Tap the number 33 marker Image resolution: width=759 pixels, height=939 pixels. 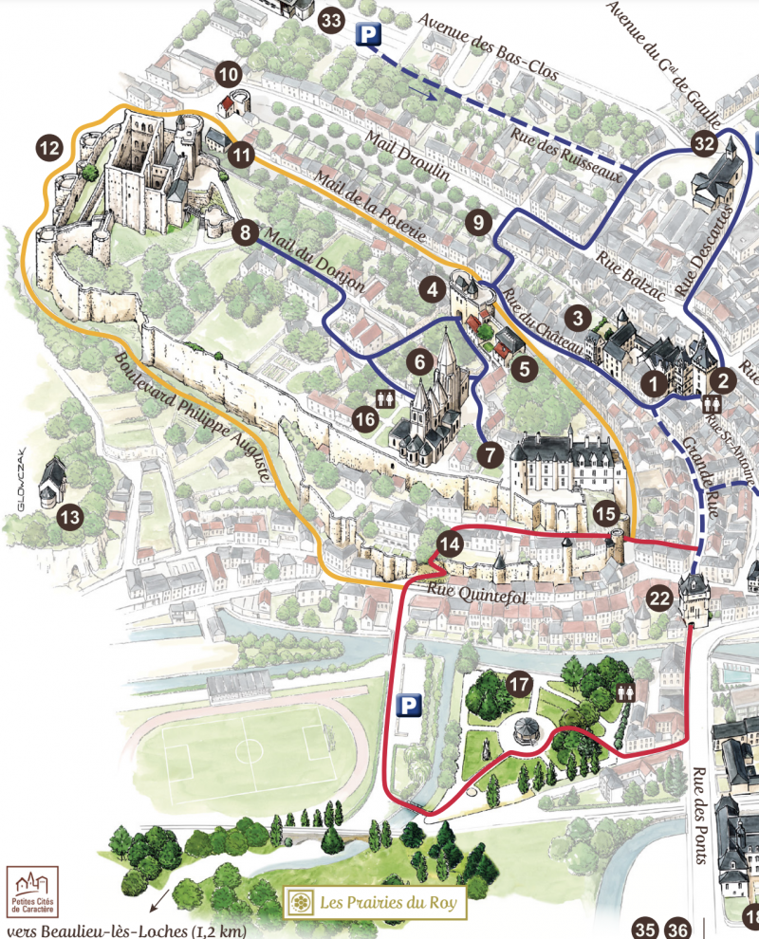tap(331, 20)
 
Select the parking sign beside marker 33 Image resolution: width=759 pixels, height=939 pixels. tap(369, 36)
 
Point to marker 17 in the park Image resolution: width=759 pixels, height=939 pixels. tap(518, 684)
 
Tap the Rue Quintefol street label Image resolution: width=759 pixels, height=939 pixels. tap(464, 588)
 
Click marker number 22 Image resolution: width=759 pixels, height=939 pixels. tap(660, 598)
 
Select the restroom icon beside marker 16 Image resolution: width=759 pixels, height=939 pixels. tap(387, 399)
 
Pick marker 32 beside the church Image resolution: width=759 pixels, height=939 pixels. tap(703, 144)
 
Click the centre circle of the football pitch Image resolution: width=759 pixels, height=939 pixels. tap(250, 751)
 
